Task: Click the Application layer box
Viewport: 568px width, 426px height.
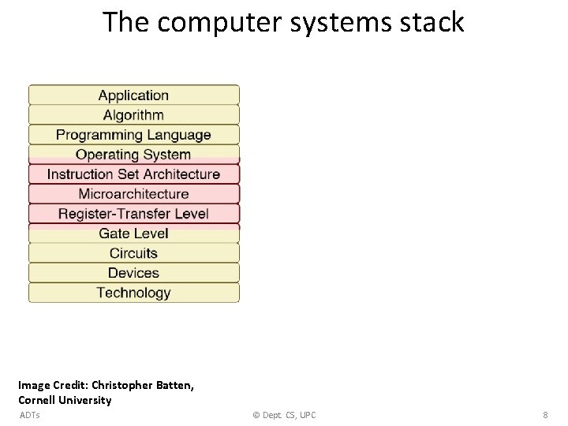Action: click(133, 95)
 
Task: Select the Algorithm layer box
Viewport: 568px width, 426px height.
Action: click(133, 115)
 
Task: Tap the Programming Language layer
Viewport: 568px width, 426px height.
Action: click(133, 135)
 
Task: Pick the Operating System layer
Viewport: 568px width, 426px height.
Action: click(133, 155)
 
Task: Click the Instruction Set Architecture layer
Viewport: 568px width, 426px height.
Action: click(133, 174)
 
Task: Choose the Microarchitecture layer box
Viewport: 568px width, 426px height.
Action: click(133, 194)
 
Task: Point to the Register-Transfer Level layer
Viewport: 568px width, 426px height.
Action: click(133, 214)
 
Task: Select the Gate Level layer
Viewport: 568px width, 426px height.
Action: click(133, 234)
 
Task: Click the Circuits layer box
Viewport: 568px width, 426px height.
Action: click(133, 253)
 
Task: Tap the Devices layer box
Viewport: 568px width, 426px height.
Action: click(133, 273)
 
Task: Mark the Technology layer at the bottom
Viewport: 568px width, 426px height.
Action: click(133, 293)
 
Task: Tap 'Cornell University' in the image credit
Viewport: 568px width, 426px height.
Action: click(65, 400)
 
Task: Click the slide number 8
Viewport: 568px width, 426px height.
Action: click(545, 415)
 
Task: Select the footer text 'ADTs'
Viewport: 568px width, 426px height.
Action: click(29, 415)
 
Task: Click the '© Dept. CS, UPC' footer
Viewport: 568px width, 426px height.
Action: click(283, 415)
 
